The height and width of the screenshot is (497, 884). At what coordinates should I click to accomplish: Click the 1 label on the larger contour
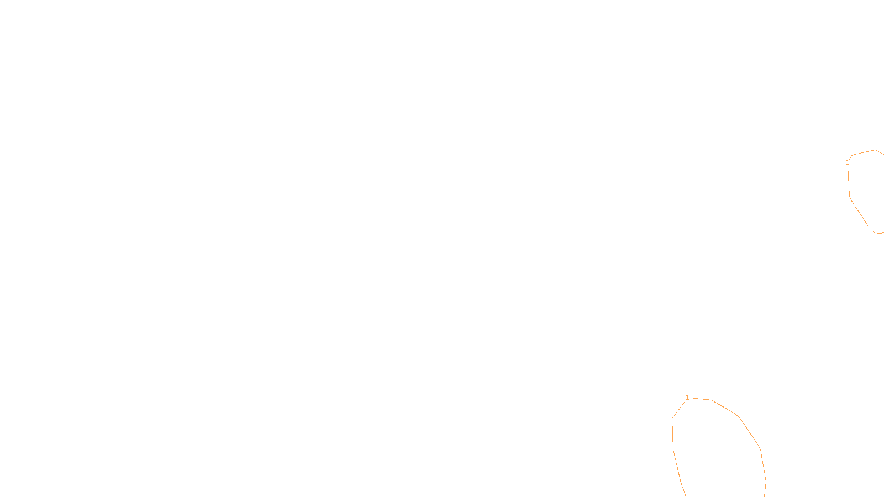coord(687,398)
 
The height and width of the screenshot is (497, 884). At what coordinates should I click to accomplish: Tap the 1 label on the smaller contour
coord(848,162)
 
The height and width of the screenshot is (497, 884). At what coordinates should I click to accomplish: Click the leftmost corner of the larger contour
coord(672,418)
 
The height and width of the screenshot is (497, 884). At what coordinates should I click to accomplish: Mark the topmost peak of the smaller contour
coord(875,150)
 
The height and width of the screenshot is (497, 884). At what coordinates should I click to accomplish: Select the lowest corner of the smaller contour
coord(876,234)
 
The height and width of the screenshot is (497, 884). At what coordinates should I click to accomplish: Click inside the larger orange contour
coord(718,447)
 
